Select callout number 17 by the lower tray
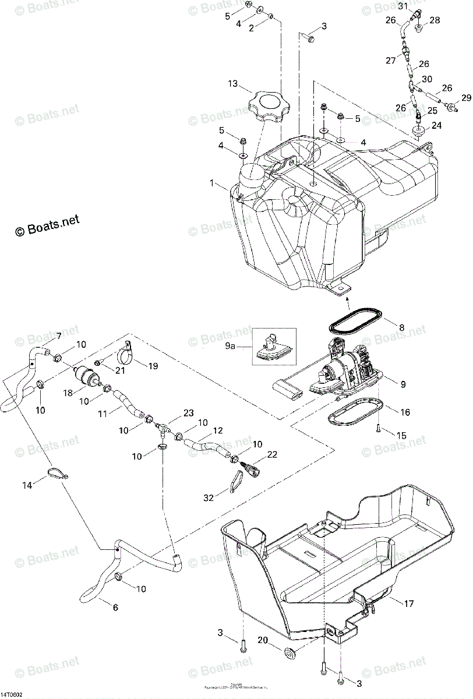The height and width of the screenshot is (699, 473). [x=410, y=603]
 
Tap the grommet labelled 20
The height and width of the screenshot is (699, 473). [x=288, y=650]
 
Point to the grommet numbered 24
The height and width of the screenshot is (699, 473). [x=418, y=132]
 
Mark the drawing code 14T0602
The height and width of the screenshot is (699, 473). [x=12, y=694]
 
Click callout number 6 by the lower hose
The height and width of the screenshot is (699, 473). [x=115, y=608]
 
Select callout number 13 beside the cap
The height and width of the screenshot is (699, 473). [x=232, y=84]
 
